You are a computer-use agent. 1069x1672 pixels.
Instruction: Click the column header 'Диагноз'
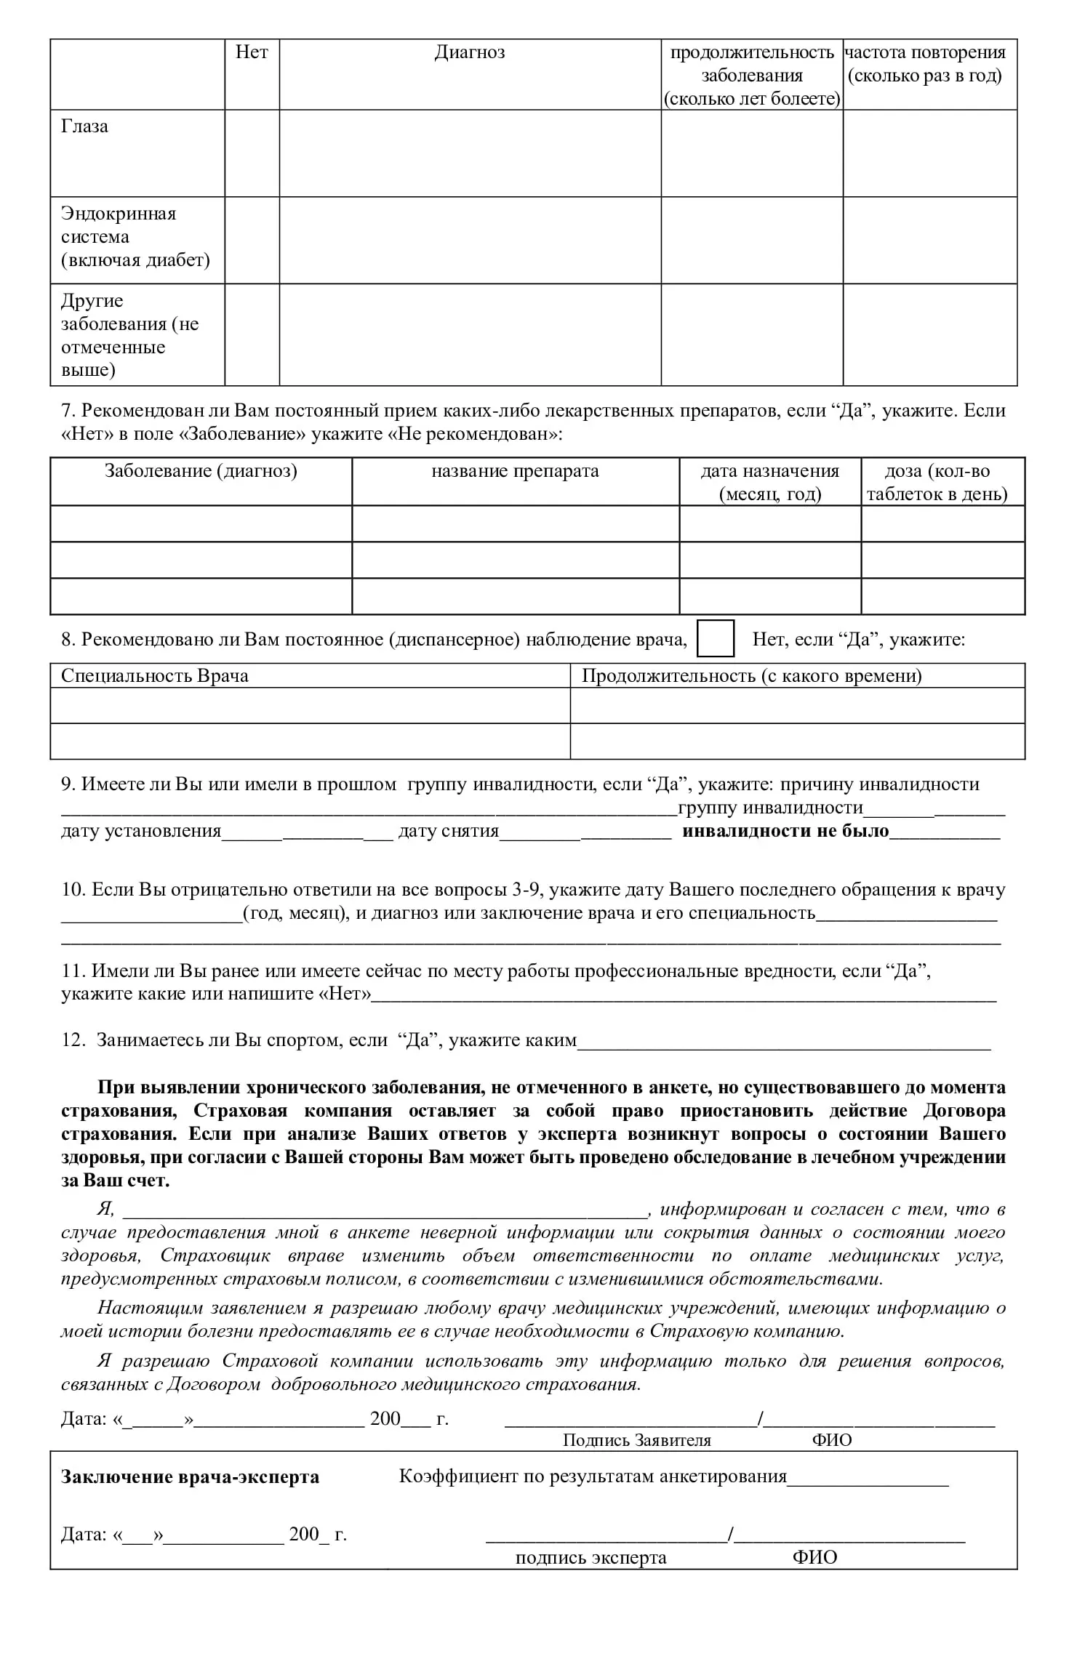click(x=470, y=52)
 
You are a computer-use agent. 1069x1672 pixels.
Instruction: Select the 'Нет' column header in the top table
click(x=252, y=52)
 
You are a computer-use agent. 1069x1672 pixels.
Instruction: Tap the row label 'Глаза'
click(x=85, y=126)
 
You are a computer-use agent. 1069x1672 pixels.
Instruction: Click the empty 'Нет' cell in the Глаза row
click(x=252, y=153)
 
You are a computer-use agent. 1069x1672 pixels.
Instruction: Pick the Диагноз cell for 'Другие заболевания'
click(x=470, y=334)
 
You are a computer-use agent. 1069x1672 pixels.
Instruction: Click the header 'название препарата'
click(x=515, y=471)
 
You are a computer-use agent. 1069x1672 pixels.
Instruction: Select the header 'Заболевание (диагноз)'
click(x=201, y=471)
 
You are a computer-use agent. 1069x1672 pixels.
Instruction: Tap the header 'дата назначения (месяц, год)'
click(x=769, y=483)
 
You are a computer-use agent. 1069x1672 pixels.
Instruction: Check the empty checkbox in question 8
click(x=716, y=639)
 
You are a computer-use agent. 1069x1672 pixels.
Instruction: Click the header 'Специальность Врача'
click(x=155, y=676)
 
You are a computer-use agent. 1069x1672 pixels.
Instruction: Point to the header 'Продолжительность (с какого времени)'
click(x=751, y=676)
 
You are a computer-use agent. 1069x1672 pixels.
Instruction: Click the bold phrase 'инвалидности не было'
click(x=785, y=831)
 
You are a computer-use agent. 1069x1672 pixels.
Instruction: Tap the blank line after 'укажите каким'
click(x=783, y=1041)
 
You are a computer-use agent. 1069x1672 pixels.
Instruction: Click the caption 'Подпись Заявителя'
click(x=636, y=1440)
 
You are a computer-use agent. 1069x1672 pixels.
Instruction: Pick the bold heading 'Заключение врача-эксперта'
click(x=190, y=1477)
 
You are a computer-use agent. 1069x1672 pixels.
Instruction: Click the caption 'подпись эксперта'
click(x=590, y=1558)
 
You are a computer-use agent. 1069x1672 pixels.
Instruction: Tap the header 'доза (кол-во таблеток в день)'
click(x=937, y=483)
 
